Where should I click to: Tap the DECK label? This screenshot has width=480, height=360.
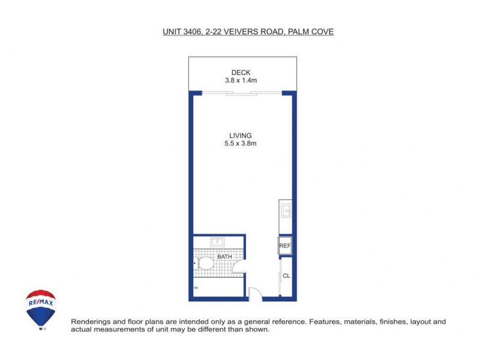[x=241, y=73]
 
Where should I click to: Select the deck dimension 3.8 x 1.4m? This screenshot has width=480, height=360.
[x=241, y=80]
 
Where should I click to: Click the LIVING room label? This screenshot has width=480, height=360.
[x=240, y=136]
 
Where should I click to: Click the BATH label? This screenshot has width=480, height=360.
[x=224, y=257]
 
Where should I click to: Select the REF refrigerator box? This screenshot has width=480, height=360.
[x=285, y=245]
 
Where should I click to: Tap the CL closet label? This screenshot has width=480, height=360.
[x=286, y=276]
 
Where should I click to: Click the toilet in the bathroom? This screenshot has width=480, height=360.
[x=204, y=263]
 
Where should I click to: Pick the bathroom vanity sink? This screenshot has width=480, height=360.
[x=217, y=243]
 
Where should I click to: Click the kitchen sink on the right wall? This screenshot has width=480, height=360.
[x=286, y=211]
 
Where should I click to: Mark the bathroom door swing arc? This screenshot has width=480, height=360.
[x=238, y=267]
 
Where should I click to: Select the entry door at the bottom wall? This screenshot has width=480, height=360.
[x=254, y=293]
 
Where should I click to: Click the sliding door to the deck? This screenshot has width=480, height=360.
[x=242, y=93]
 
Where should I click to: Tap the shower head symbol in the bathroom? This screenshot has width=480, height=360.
[x=196, y=288]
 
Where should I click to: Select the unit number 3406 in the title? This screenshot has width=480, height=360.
[x=191, y=31]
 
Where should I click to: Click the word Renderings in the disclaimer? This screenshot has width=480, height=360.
[x=91, y=322]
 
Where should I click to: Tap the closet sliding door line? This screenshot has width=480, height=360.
[x=281, y=276]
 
